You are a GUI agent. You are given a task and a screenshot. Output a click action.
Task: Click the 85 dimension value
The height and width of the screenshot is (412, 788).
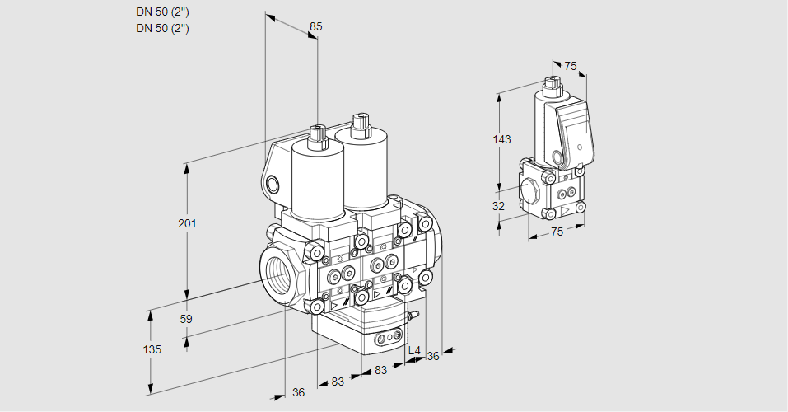click(x=315, y=26)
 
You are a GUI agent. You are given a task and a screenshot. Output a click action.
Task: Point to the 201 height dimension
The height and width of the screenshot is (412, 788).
click(x=189, y=223)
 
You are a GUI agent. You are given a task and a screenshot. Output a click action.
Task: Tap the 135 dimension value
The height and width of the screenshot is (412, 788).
click(x=152, y=349)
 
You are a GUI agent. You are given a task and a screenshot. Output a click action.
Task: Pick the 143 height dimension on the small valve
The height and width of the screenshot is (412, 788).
click(x=501, y=139)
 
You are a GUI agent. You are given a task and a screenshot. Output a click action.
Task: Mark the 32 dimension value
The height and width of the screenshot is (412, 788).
click(x=498, y=206)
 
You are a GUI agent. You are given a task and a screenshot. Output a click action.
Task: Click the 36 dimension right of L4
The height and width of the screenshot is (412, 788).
click(x=433, y=356)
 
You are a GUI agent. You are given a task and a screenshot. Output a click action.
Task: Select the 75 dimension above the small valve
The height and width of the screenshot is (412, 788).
click(x=571, y=66)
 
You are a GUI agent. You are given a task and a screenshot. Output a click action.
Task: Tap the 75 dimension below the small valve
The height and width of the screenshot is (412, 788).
click(x=557, y=232)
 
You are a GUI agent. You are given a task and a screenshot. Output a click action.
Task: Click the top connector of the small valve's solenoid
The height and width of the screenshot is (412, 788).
click(x=552, y=83)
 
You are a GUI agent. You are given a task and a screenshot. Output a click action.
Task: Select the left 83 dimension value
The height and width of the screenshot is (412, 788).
click(x=338, y=382)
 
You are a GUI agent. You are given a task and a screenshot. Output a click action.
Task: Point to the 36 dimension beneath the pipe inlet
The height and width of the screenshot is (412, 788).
click(x=298, y=393)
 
